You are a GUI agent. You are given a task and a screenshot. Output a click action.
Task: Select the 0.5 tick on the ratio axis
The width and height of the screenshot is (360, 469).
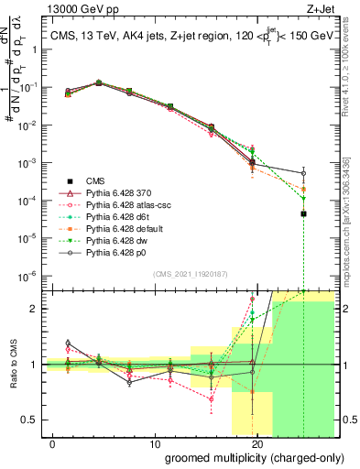pyautogui.click(x=30, y=420)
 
